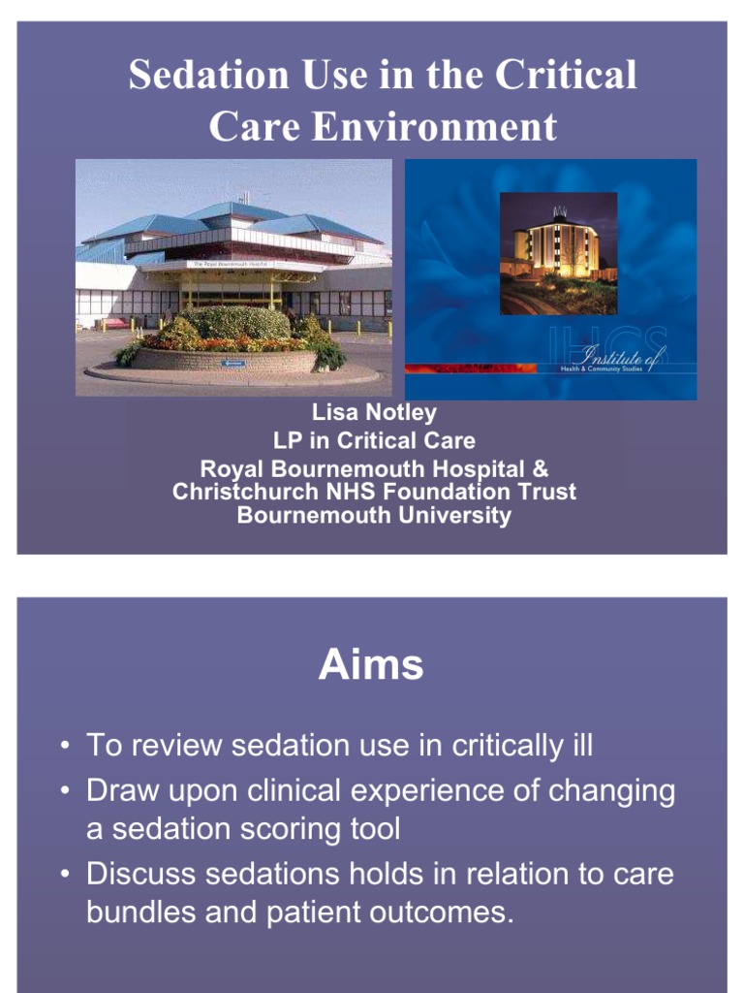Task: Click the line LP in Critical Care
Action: point(374,440)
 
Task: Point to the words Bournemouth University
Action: point(374,515)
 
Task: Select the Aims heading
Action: point(372,665)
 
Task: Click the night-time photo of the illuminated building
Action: point(558,253)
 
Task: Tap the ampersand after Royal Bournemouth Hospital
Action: point(541,467)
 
